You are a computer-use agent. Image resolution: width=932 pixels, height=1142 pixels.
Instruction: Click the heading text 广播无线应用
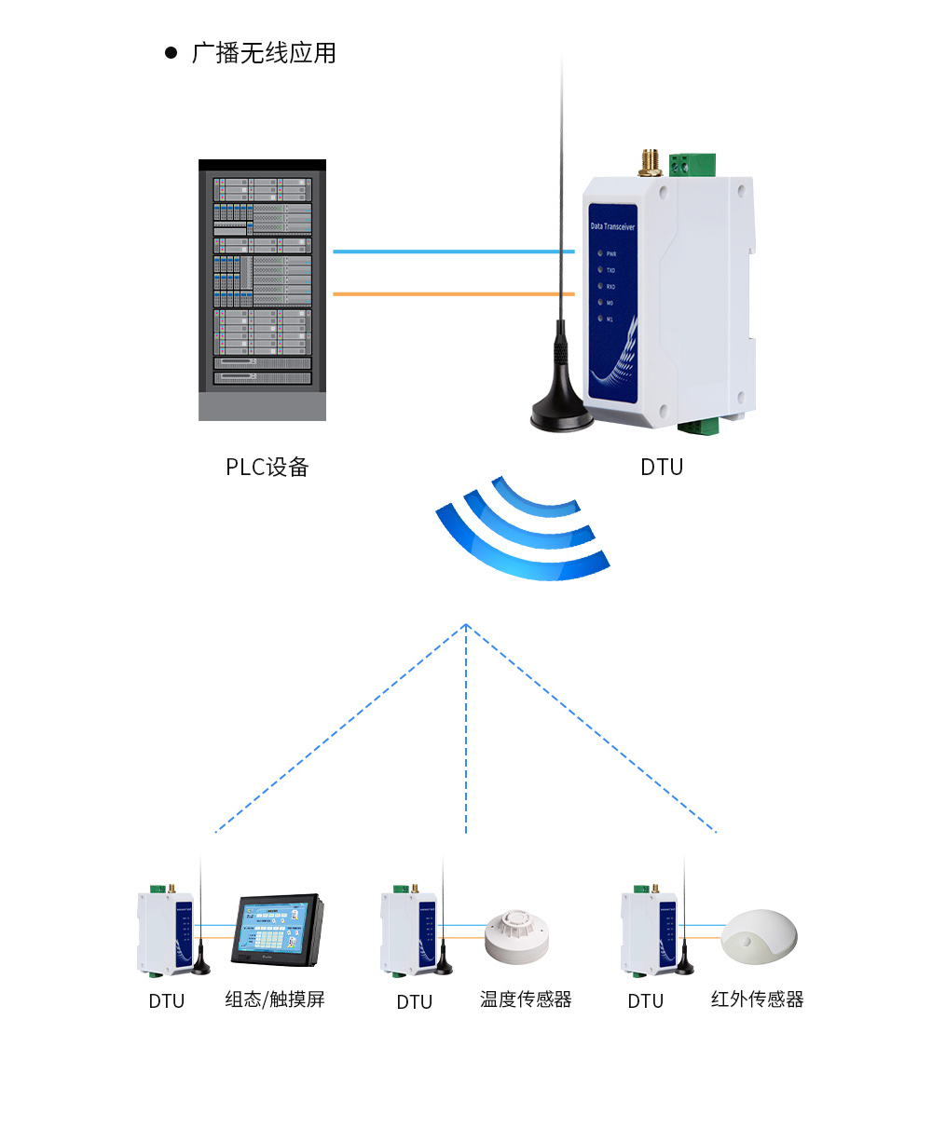click(264, 53)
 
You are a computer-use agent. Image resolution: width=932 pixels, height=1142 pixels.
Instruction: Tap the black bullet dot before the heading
click(171, 53)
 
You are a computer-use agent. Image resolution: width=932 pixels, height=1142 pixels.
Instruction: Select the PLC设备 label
click(267, 467)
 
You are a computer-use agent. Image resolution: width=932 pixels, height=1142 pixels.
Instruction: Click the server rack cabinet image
click(262, 289)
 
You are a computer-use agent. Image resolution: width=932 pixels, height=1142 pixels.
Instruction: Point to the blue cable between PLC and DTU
click(447, 252)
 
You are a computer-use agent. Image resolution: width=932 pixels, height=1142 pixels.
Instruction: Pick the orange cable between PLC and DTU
click(447, 294)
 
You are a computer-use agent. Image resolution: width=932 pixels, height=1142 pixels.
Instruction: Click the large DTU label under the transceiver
click(662, 467)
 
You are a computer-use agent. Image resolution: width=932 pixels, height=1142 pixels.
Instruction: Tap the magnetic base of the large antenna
click(562, 414)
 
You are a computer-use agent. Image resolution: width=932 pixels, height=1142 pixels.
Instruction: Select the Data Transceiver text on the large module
click(613, 226)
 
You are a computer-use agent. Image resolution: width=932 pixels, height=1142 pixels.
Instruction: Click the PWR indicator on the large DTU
click(602, 253)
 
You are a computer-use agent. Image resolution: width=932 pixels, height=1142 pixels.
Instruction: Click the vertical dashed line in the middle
click(466, 727)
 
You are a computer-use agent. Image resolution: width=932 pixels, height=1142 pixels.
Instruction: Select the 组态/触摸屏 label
click(275, 999)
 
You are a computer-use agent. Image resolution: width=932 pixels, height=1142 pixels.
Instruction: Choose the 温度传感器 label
click(526, 999)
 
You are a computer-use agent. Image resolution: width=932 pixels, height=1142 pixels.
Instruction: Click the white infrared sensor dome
click(760, 936)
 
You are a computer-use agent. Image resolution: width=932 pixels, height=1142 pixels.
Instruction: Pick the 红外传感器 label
click(757, 999)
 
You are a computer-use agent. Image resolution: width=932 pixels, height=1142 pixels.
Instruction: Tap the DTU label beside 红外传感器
click(645, 1001)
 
